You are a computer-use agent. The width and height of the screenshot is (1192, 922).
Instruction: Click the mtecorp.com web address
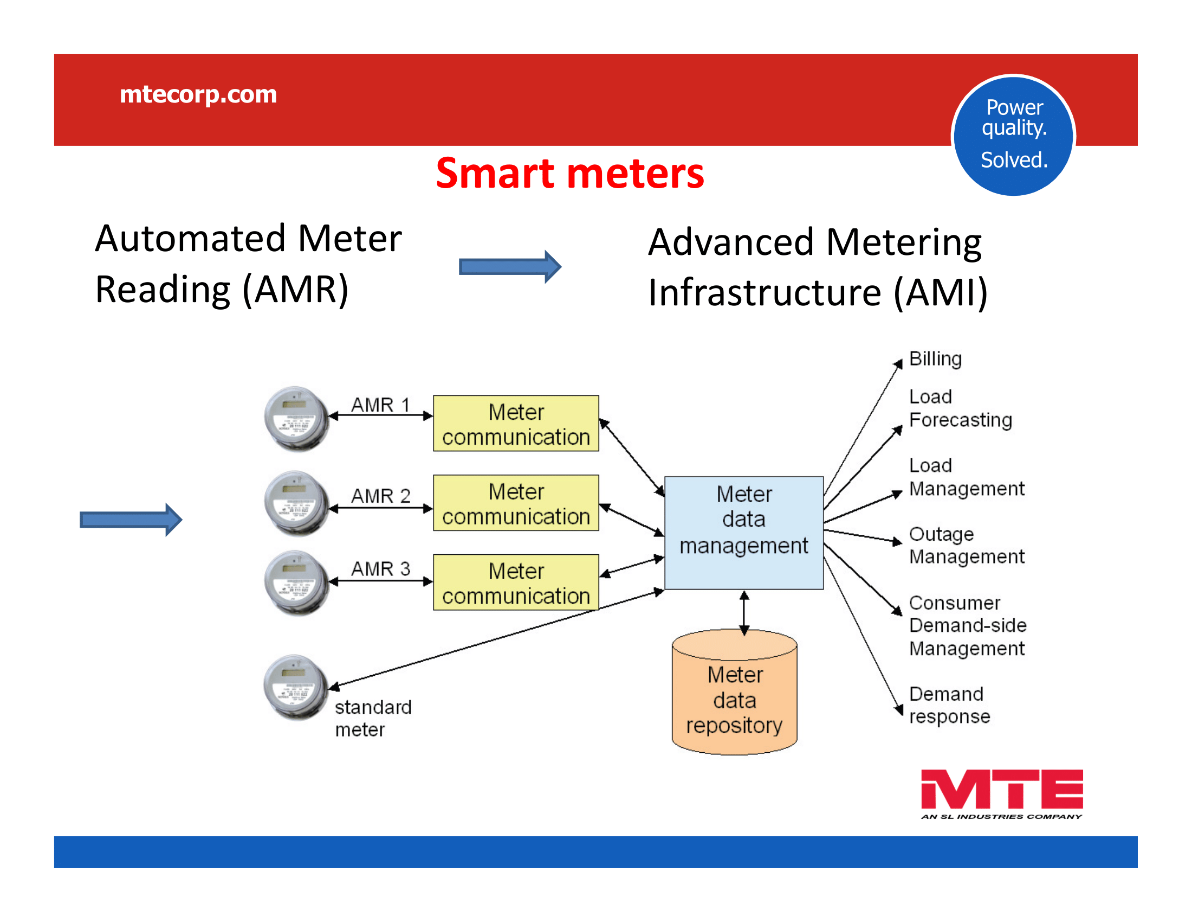pos(198,94)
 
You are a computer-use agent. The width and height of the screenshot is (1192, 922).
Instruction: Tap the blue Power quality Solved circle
pos(1013,135)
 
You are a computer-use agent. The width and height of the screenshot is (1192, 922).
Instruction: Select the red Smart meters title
pos(570,174)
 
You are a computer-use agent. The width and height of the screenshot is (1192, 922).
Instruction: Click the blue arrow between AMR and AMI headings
pos(510,266)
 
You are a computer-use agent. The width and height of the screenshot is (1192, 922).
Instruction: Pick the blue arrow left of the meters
pos(131,520)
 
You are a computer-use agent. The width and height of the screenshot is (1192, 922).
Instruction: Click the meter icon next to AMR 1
pos(296,419)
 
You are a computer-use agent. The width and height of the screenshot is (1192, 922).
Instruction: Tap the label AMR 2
pos(380,496)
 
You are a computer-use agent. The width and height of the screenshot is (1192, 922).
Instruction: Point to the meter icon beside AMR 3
pos(296,583)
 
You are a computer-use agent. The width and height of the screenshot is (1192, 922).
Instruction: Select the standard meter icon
pos(296,687)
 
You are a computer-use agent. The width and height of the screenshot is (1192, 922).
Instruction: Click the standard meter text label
pos(373,718)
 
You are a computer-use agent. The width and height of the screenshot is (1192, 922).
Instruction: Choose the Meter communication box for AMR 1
pos(516,424)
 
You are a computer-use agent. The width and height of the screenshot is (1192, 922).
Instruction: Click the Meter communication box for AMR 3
pos(516,583)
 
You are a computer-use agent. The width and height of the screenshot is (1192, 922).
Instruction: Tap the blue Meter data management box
pos(744,533)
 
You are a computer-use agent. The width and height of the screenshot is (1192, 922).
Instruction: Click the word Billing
pos(936,359)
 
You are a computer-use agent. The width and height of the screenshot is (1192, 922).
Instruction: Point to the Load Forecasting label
pos(960,408)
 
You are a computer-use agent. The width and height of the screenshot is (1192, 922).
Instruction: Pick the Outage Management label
pos(967,545)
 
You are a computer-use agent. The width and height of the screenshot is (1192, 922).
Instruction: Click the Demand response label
pos(949,705)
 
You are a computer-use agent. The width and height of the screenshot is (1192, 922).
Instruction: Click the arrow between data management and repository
pos(744,613)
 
